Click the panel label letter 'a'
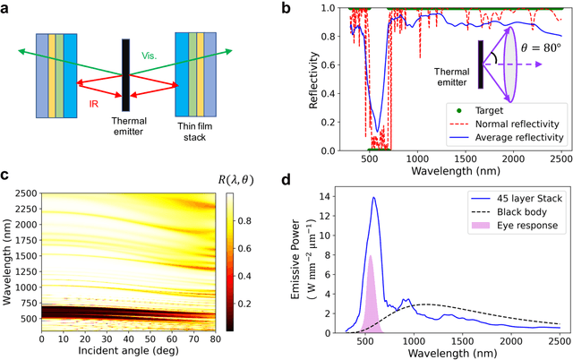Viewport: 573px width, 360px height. coord(9,9)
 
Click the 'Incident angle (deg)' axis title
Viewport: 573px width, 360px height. coord(128,352)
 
